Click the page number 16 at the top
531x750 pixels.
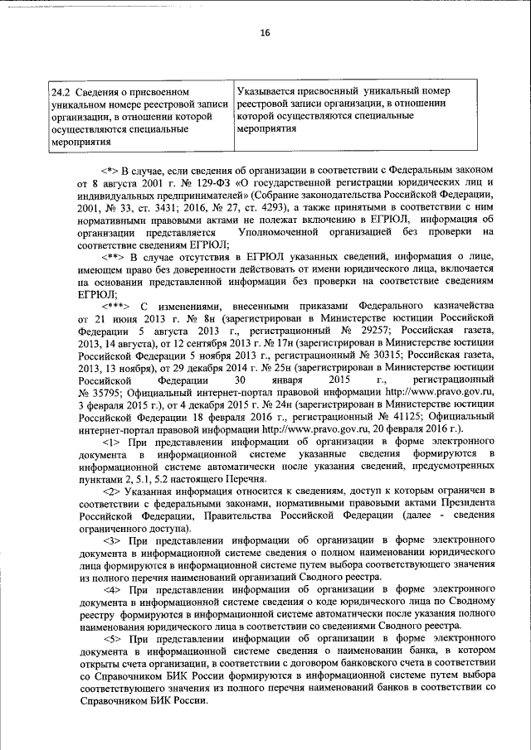[265, 32]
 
